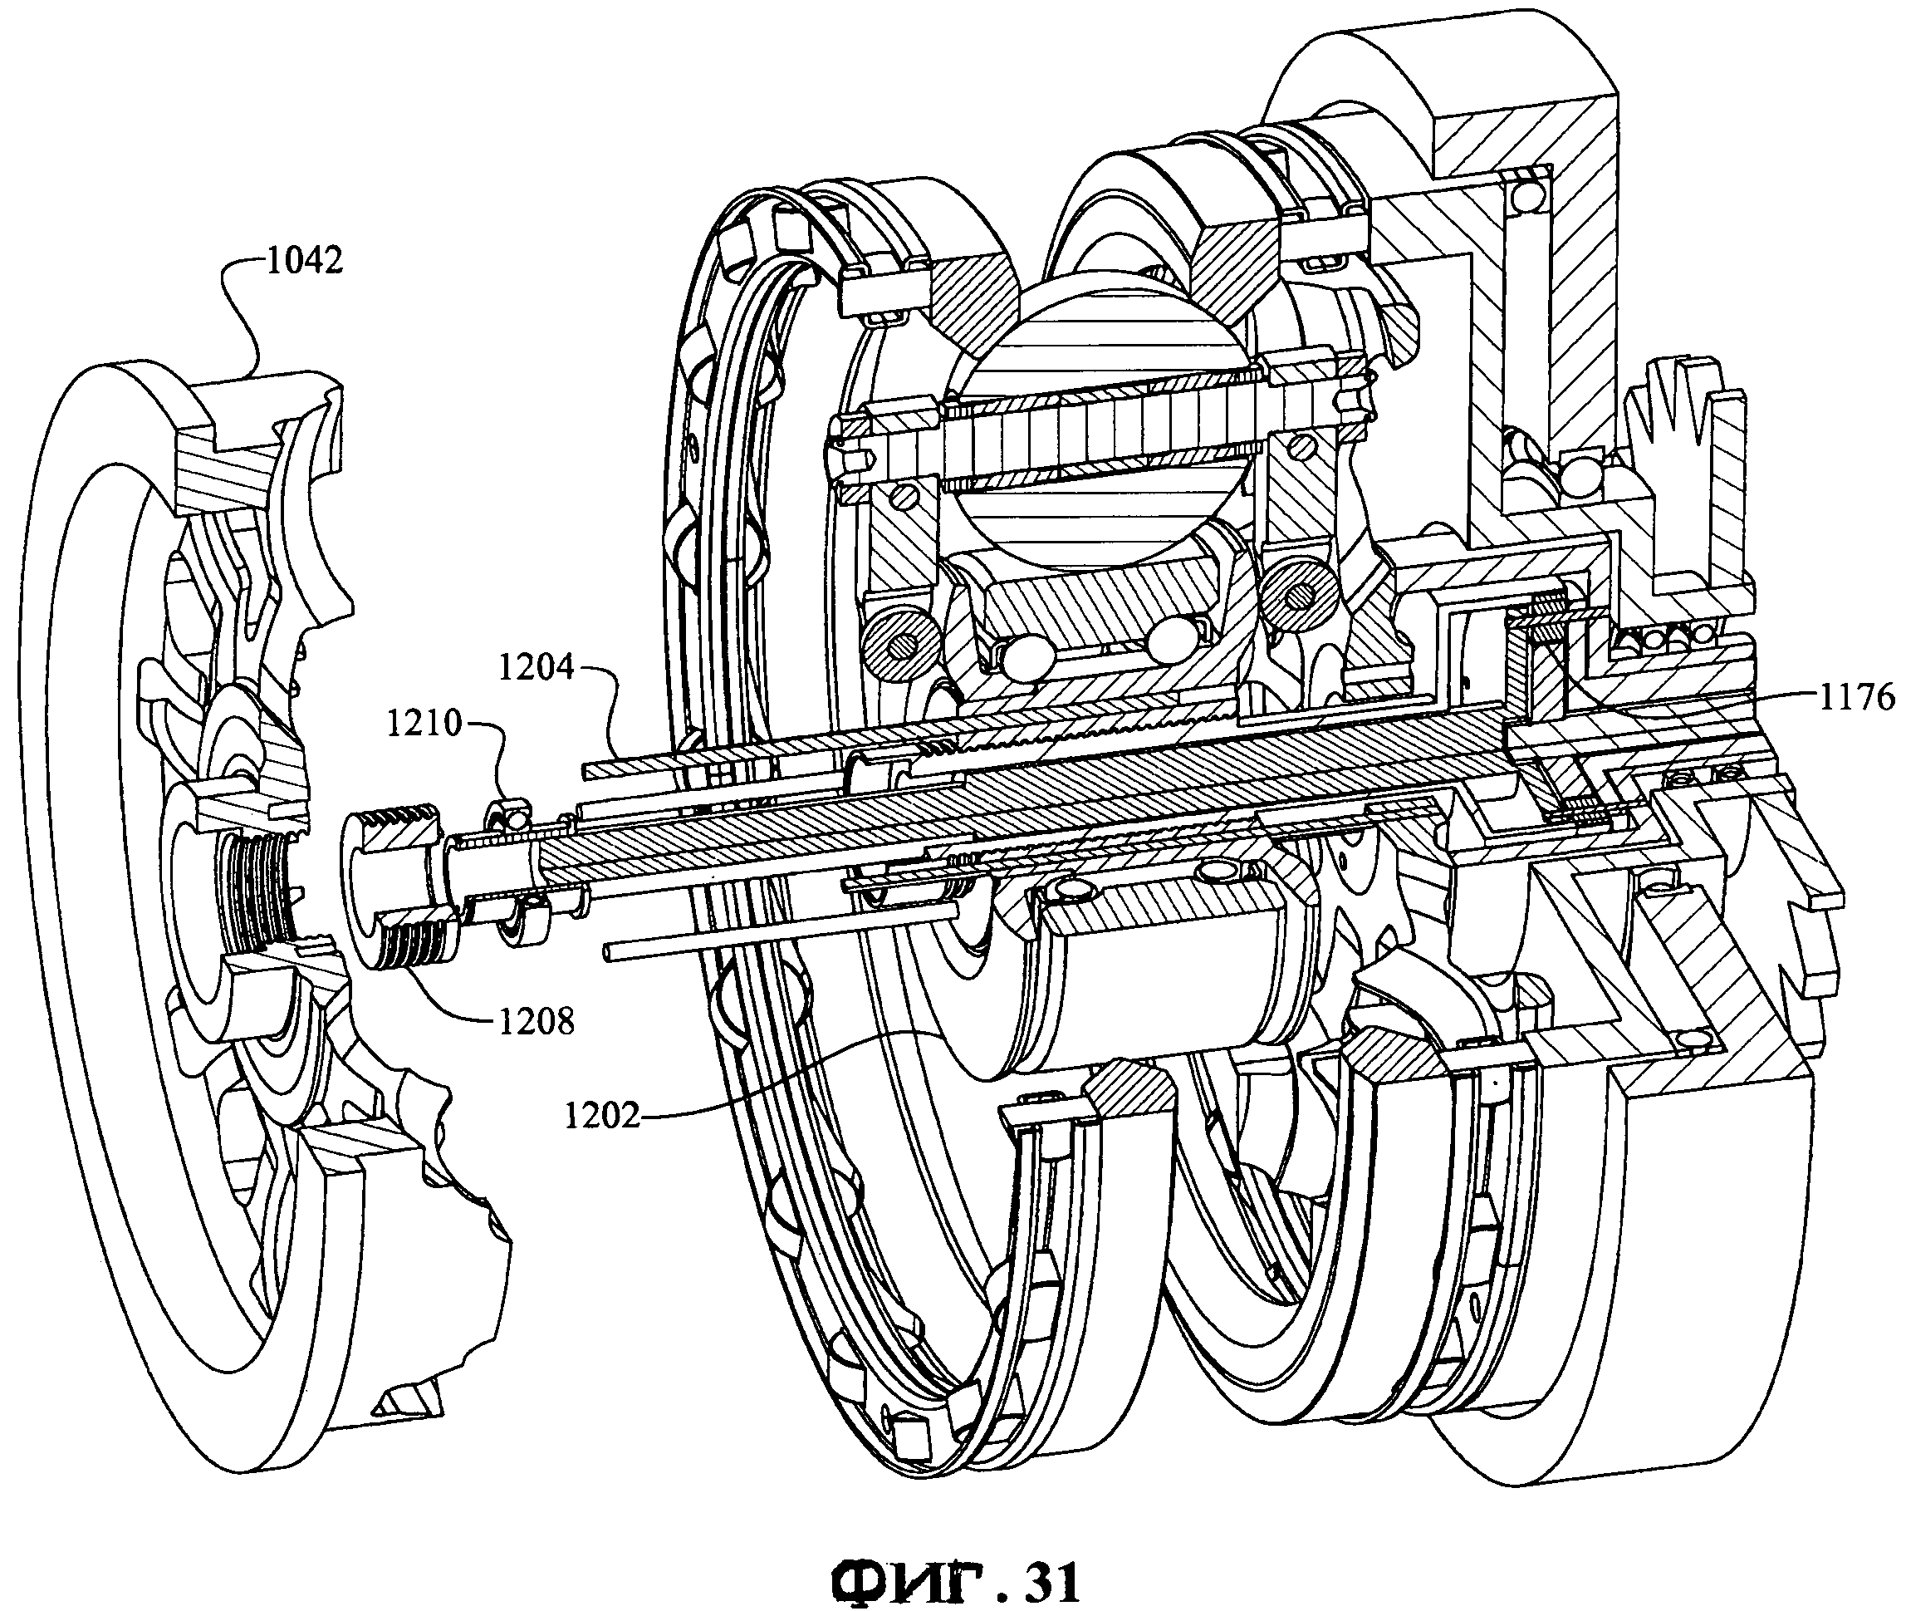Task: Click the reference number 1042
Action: (x=304, y=261)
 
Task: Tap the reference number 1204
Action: (x=536, y=668)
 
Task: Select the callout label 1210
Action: (x=424, y=724)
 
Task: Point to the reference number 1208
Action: (x=536, y=1021)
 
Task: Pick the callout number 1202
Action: (x=602, y=1116)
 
